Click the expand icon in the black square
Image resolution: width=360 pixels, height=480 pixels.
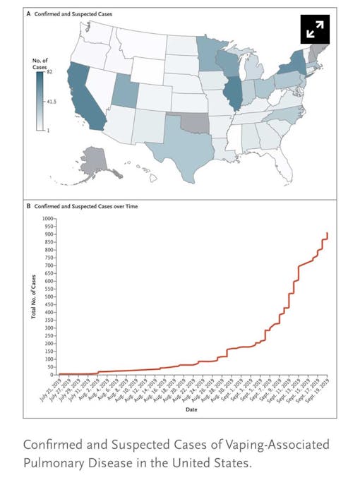click(x=315, y=29)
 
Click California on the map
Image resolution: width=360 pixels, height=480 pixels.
click(x=83, y=99)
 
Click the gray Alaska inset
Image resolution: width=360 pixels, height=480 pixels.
click(x=96, y=162)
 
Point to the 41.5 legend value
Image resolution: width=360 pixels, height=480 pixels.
click(x=51, y=102)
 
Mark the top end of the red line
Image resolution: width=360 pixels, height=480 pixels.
click(x=328, y=233)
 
